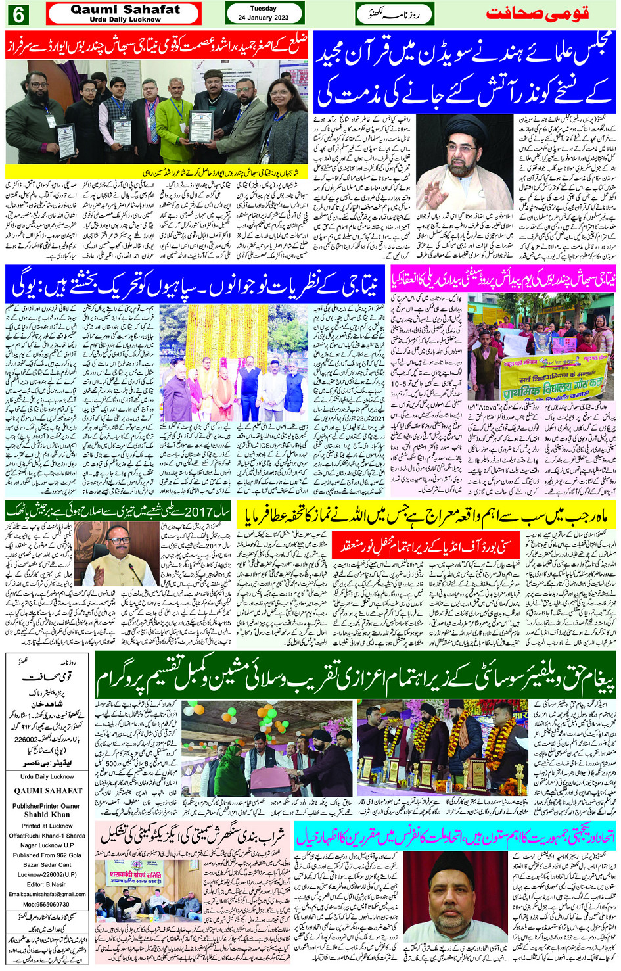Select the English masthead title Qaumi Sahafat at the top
[125, 10]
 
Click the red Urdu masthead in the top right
[538, 13]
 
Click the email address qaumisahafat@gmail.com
[47, 893]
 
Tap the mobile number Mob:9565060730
[46, 903]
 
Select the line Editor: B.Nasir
[46, 884]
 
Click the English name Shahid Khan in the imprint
[46, 813]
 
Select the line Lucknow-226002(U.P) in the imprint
[46, 874]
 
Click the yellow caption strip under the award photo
[155, 172]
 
